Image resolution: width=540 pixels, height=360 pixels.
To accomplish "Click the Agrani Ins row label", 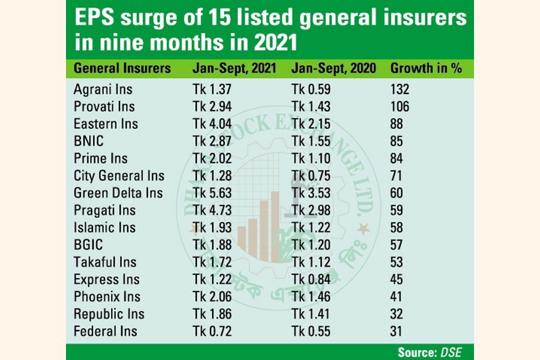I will [103, 89].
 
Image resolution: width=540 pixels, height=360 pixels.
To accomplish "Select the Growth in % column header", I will [426, 68].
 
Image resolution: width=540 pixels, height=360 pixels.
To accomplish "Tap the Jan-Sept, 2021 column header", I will [234, 68].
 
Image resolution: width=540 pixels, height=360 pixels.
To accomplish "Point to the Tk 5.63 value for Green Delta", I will [211, 193].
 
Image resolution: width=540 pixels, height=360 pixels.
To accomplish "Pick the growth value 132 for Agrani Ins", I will [400, 89].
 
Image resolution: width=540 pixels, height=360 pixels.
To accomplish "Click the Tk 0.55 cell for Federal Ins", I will [311, 331].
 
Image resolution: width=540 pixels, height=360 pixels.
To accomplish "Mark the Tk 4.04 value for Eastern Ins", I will [211, 124].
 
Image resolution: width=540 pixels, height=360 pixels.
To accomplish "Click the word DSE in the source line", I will [451, 352].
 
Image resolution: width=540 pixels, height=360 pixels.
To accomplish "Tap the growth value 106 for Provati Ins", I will [400, 107].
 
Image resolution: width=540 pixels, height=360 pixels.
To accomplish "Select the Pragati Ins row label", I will [104, 211].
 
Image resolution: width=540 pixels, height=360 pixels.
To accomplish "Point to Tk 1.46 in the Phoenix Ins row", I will [311, 296].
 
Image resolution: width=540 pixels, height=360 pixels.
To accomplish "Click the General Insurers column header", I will [122, 68].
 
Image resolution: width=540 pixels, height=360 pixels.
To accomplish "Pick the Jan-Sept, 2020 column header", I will [334, 68].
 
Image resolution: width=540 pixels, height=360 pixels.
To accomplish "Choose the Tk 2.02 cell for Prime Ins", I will [211, 158].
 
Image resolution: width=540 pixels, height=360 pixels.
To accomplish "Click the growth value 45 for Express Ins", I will [397, 280].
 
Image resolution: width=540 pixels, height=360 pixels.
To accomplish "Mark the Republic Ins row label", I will [109, 314].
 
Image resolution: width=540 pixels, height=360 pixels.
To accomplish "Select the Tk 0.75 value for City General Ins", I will [311, 176].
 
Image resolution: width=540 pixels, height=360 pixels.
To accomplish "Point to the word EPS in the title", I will [93, 18].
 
